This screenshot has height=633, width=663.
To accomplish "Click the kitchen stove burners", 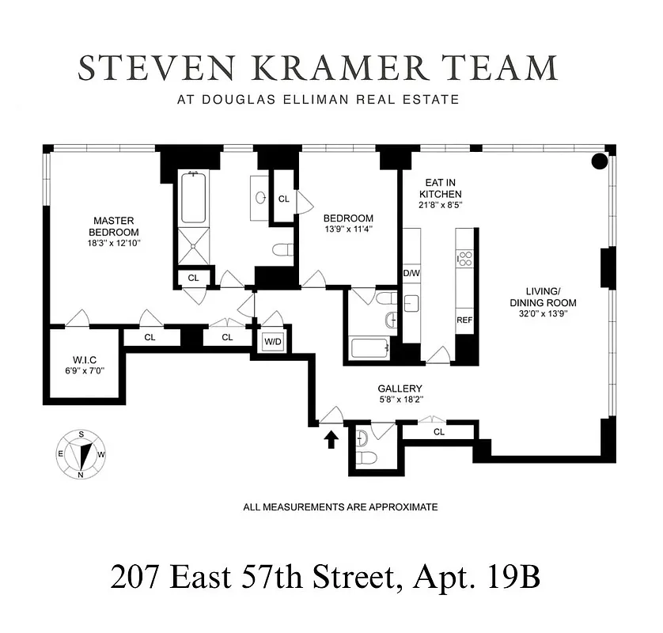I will click(465, 258).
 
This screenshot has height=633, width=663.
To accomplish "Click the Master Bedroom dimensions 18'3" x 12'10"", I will click(115, 244).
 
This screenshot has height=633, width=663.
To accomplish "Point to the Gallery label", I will click(400, 389).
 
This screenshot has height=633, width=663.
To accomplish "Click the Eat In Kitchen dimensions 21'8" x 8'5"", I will click(440, 205).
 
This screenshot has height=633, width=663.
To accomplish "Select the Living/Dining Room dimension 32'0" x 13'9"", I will click(543, 314).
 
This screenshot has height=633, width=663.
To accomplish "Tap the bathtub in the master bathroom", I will click(193, 198).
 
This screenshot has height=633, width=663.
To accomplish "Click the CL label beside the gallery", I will click(438, 432).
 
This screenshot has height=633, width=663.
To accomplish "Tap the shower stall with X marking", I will click(193, 246).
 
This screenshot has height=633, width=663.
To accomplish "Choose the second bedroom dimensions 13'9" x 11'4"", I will click(348, 229).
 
